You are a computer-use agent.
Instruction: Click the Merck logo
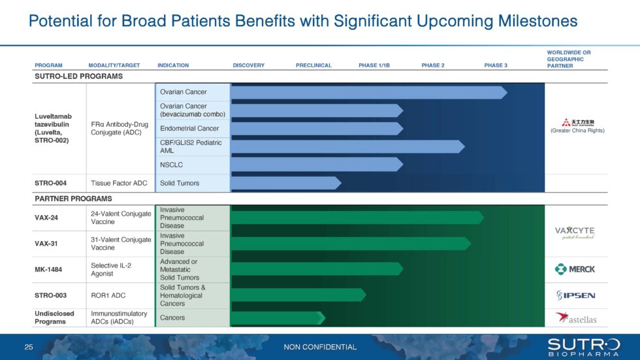tap(575, 269)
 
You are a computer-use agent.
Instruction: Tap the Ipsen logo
tap(575, 295)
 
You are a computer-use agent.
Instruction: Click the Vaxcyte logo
tap(575, 233)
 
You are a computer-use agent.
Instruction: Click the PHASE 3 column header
tap(495, 65)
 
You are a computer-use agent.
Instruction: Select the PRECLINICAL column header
tap(313, 65)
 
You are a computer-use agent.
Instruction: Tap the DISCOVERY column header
tap(248, 65)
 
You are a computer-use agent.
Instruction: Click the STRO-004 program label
tap(50, 183)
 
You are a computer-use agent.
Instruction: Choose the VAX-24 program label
tap(46, 218)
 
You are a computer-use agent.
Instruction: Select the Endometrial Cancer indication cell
tap(189, 128)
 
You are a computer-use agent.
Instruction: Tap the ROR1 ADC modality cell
tap(107, 295)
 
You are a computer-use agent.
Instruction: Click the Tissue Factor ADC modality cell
tap(118, 183)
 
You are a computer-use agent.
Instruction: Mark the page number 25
tap(28, 347)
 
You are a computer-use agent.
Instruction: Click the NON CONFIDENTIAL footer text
tap(320, 347)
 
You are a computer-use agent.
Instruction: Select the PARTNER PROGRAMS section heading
tap(73, 199)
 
